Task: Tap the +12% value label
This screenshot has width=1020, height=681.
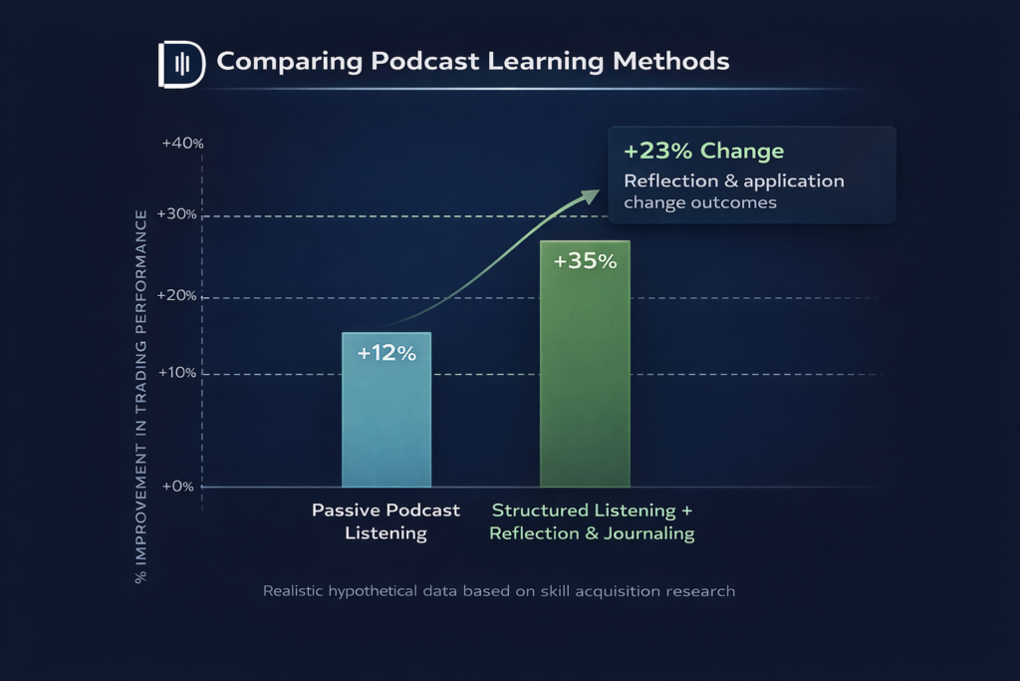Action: pos(386,354)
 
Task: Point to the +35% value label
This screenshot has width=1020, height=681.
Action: pos(585,262)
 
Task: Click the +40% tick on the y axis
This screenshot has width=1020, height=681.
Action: pos(182,144)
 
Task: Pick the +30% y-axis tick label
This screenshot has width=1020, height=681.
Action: pos(182,215)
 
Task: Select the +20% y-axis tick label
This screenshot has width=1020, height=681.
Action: pos(182,297)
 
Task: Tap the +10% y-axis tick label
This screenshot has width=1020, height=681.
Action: pos(182,374)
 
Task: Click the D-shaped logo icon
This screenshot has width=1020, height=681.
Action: pos(180,64)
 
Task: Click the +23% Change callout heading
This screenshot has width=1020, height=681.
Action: pos(703,152)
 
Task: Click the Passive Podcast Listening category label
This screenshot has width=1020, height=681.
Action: pos(386,521)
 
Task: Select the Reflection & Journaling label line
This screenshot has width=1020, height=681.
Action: pos(592,533)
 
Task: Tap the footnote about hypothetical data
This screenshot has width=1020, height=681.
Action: pos(499,591)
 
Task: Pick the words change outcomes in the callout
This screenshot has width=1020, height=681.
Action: pos(699,203)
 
